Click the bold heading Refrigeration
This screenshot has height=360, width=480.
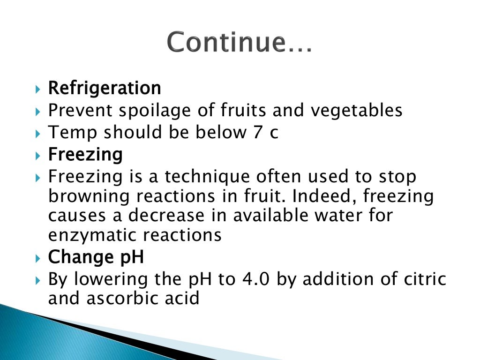tap(105, 88)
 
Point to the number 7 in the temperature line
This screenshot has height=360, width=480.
tap(252, 133)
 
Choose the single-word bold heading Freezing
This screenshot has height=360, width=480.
tap(85, 154)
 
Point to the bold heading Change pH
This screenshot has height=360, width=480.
tap(96, 257)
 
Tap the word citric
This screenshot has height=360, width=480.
tap(424, 279)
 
